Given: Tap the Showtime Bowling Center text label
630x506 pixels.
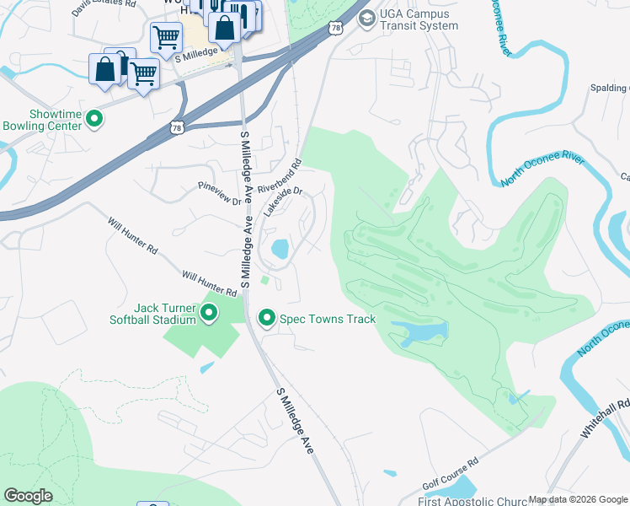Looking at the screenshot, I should (x=43, y=120).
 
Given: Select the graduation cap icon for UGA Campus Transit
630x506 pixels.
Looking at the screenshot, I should (x=366, y=19).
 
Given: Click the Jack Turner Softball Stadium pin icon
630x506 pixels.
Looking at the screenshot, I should (x=209, y=315).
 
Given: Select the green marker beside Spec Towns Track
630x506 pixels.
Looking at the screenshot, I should (x=267, y=318).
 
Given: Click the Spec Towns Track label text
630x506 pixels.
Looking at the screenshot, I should (x=328, y=319).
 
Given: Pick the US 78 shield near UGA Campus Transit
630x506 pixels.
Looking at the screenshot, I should (x=337, y=29).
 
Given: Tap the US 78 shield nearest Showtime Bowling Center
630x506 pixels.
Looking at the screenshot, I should (x=177, y=127).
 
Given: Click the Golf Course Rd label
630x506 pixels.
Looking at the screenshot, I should (x=450, y=476).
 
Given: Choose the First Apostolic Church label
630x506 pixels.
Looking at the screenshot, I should (x=472, y=501).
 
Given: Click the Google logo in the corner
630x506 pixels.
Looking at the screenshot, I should (x=28, y=496).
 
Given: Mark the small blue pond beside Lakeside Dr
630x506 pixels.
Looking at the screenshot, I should (x=280, y=249).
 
